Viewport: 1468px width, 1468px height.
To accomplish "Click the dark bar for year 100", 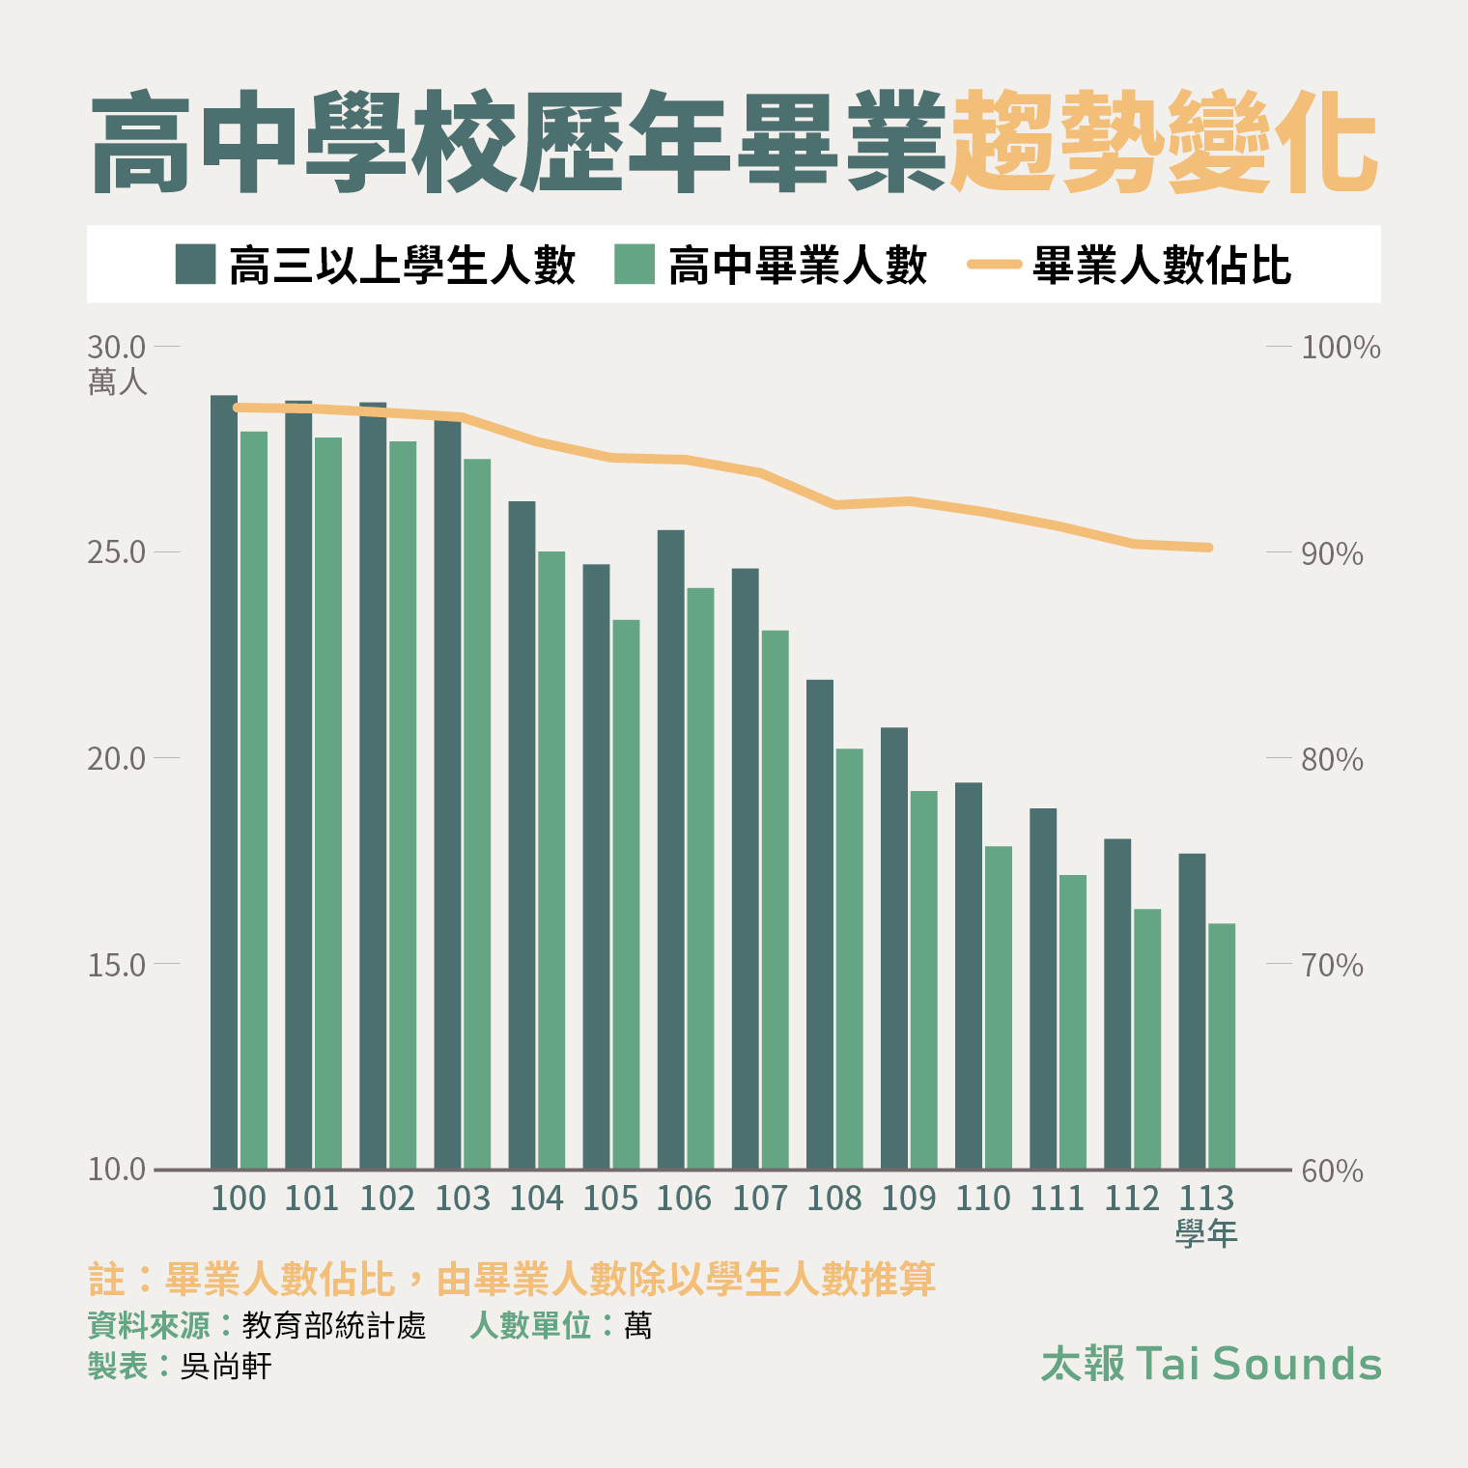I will (x=224, y=782).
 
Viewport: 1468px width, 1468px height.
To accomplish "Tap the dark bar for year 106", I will (x=670, y=850).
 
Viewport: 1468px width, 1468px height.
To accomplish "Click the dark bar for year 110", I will (x=969, y=975).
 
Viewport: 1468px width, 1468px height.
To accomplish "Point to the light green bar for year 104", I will (x=551, y=860).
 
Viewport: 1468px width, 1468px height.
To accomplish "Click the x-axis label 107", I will (x=760, y=1199).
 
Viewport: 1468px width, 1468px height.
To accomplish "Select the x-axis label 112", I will (x=1132, y=1199).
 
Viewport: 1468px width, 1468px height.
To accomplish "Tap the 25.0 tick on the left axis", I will (x=116, y=552).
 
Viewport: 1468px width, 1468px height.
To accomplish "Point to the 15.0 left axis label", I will (x=116, y=964).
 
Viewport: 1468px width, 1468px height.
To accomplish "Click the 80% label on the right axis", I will (x=1332, y=759).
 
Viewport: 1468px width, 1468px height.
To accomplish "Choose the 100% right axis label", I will (x=1341, y=347).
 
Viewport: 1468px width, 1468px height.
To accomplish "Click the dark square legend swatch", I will (x=195, y=264).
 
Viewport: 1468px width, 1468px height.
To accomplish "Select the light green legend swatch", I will (x=635, y=264).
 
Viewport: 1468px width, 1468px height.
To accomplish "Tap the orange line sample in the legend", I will (x=994, y=264).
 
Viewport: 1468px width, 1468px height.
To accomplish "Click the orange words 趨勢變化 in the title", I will (x=1164, y=143).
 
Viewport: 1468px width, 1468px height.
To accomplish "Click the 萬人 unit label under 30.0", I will (x=117, y=382).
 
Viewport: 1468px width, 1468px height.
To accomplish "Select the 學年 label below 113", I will (x=1206, y=1233).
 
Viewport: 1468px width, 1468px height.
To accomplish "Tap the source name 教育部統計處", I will (x=333, y=1325).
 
